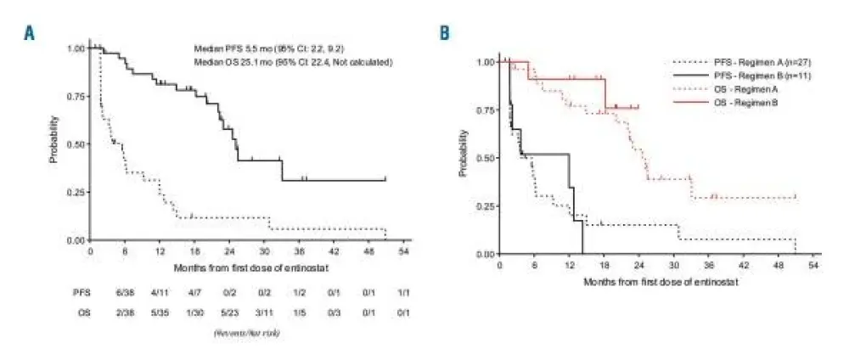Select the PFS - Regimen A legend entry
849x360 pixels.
click(731, 61)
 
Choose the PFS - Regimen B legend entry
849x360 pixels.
click(731, 75)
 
